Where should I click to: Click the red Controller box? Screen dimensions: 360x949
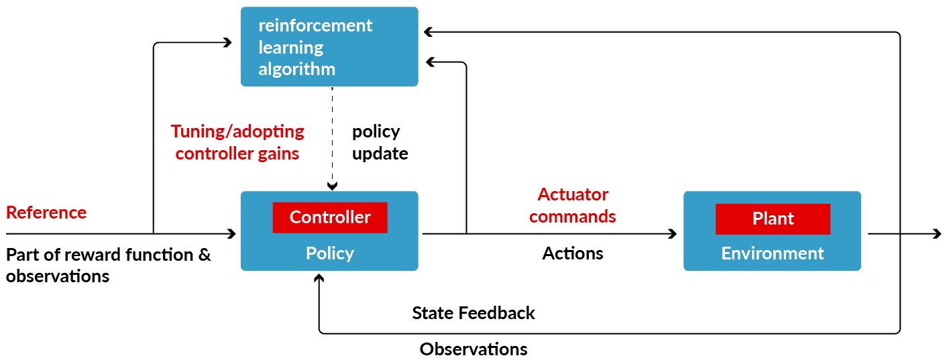[x=330, y=218]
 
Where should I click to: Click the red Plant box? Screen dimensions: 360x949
[x=773, y=219]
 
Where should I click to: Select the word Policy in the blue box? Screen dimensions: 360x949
[x=329, y=253]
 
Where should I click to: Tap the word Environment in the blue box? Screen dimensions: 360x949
[x=772, y=253]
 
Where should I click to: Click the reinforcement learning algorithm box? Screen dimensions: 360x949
[x=329, y=47]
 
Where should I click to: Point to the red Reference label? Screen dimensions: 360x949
[x=46, y=213]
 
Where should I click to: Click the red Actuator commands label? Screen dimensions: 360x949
[x=573, y=206]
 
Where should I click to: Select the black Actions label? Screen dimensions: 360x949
[x=573, y=253]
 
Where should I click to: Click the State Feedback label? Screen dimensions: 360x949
[x=473, y=313]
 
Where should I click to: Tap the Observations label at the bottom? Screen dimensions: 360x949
[x=473, y=349]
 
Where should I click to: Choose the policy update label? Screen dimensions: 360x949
[x=380, y=142]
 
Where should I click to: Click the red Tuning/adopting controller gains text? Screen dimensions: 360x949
[x=237, y=142]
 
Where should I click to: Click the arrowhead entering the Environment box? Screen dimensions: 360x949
[x=673, y=234]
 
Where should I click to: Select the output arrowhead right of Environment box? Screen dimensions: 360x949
[x=937, y=234]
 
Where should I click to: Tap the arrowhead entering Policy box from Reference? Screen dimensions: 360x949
[x=232, y=234]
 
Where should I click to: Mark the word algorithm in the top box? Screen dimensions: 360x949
[x=296, y=69]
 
